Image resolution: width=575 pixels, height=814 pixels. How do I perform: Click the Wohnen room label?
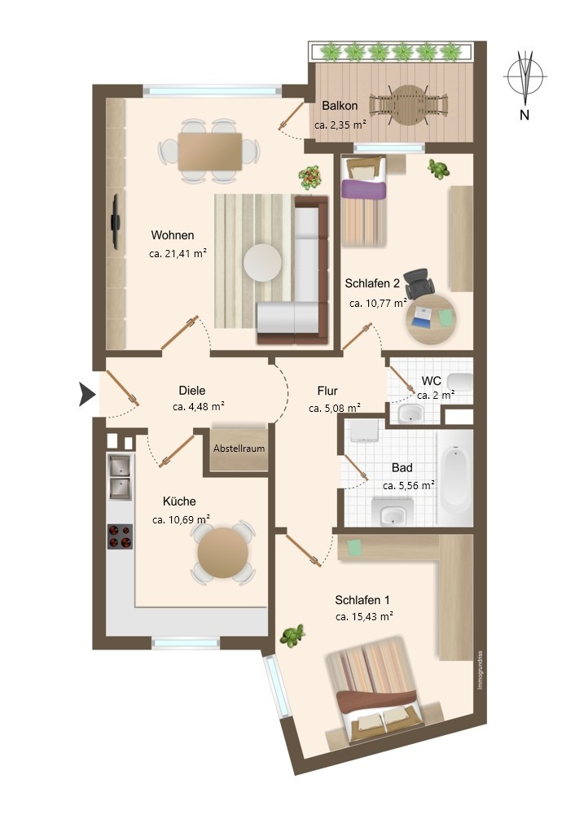[172, 235]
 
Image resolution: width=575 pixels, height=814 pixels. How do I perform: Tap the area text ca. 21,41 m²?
[178, 253]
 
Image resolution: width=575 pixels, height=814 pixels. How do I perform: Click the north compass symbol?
[525, 78]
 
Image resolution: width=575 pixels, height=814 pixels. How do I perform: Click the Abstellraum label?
[239, 449]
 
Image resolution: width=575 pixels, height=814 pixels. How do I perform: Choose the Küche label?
[179, 501]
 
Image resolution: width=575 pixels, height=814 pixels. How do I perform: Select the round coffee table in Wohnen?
[263, 263]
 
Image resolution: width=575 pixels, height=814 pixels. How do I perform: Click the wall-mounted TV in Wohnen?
[116, 221]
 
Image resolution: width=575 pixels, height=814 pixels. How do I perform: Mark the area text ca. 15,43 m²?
[364, 617]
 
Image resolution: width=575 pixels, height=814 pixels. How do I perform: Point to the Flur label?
[327, 391]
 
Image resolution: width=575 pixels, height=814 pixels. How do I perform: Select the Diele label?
[192, 390]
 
